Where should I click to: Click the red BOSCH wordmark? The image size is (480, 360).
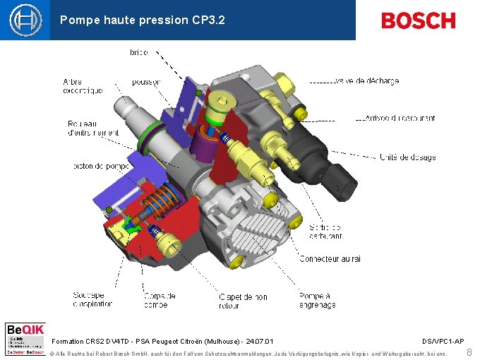pyautogui.click(x=419, y=20)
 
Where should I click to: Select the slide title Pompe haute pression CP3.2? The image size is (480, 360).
pyautogui.click(x=143, y=20)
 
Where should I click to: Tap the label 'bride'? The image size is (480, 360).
pyautogui.click(x=139, y=52)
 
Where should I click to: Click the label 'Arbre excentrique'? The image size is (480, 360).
pyautogui.click(x=83, y=85)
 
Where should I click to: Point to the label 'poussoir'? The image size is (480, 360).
pyautogui.click(x=146, y=82)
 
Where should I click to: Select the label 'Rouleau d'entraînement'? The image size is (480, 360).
pyautogui.click(x=93, y=128)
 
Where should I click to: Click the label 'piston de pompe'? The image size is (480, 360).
pyautogui.click(x=102, y=167)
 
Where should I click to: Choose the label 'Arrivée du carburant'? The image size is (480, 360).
pyautogui.click(x=400, y=118)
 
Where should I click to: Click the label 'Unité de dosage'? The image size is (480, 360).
pyautogui.click(x=408, y=157)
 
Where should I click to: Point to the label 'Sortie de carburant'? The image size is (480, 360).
pyautogui.click(x=325, y=232)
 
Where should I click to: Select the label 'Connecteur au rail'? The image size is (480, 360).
pyautogui.click(x=330, y=259)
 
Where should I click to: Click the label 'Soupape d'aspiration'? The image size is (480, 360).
pyautogui.click(x=92, y=300)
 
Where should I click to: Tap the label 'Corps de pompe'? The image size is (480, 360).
pyautogui.click(x=160, y=300)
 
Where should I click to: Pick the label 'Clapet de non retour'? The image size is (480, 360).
pyautogui.click(x=244, y=301)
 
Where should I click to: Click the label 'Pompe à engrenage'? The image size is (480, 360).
pyautogui.click(x=317, y=301)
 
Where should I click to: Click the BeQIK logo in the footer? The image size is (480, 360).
pyautogui.click(x=25, y=339)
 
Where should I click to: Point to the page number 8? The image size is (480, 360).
pyautogui.click(x=469, y=352)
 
